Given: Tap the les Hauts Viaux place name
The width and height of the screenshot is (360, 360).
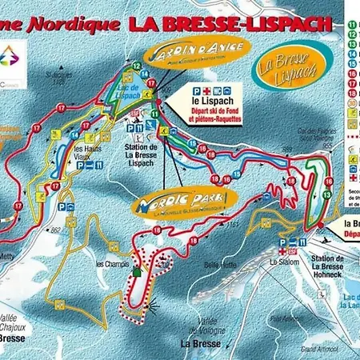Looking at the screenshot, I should click(x=87, y=154).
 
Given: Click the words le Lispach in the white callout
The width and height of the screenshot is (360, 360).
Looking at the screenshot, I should click(x=206, y=101).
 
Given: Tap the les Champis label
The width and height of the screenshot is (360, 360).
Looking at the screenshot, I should click(x=111, y=263).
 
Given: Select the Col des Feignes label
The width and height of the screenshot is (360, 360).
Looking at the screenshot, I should click(x=314, y=131).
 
